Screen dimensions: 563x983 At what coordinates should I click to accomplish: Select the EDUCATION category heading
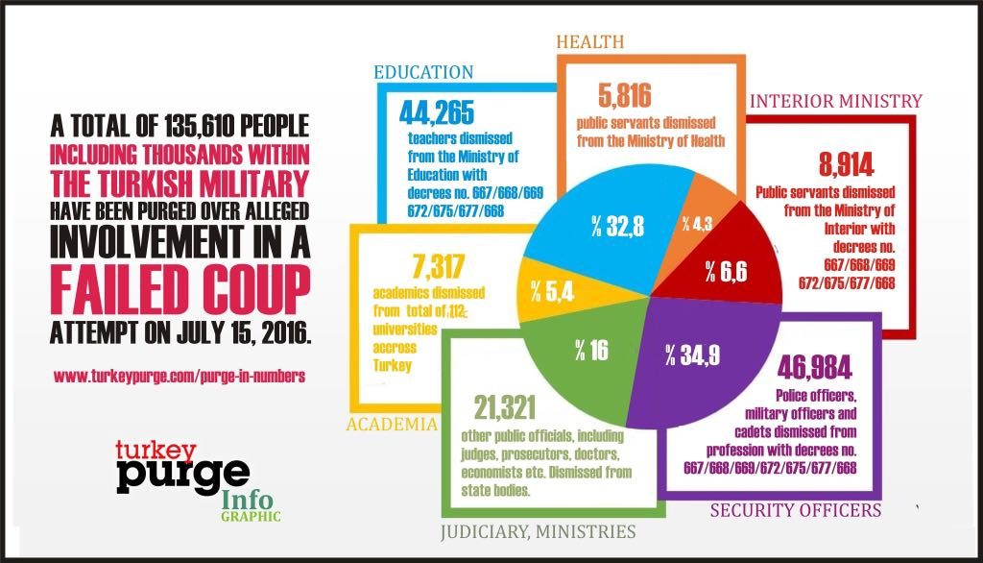(x=423, y=73)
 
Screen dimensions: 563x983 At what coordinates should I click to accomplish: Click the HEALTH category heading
(x=591, y=41)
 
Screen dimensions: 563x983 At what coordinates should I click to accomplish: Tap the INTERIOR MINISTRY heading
(x=835, y=101)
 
